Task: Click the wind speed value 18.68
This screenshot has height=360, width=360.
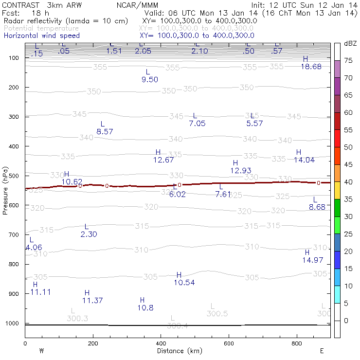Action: click(311, 67)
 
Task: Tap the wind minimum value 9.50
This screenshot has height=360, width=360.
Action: click(149, 80)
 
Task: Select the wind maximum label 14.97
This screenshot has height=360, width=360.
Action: click(312, 260)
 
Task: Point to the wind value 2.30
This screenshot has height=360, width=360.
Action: click(89, 234)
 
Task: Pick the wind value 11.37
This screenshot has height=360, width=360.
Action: click(92, 301)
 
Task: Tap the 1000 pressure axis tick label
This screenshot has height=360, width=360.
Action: click(12, 324)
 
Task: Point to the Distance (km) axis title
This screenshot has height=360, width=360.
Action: click(174, 351)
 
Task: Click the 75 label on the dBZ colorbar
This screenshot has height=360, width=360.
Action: click(348, 60)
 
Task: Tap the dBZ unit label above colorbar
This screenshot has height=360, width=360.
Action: click(349, 44)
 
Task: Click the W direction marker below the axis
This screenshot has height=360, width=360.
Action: click(42, 351)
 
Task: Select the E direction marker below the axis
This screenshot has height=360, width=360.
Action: click(322, 351)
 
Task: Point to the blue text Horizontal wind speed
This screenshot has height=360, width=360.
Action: click(41, 36)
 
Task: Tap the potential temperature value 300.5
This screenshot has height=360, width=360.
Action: click(217, 314)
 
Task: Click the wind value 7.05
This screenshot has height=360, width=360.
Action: click(197, 124)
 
